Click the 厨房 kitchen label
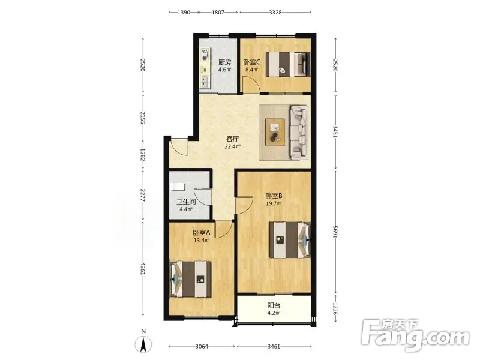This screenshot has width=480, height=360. point(224,62)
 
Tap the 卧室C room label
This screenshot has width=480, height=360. point(251,62)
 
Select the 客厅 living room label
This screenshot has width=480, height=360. point(233,139)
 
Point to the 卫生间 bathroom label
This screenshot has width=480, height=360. point(186,202)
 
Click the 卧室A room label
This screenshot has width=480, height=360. point(202,233)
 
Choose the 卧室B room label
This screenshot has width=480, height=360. point(274,196)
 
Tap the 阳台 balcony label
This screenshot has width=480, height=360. point(274,305)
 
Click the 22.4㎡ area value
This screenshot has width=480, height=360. point(233,146)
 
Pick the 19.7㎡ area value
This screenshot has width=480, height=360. point(274,203)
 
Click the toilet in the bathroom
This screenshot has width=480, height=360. point(178,187)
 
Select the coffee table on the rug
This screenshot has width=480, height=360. point(275,132)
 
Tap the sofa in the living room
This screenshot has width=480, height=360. point(299,133)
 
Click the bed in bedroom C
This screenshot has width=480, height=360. point(288,64)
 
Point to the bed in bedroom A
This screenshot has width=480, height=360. point(190,279)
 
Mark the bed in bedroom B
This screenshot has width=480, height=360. point(290,240)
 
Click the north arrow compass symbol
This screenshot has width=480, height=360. point(143,344)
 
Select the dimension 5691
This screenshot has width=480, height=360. point(335,232)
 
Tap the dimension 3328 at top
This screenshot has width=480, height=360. point(275,12)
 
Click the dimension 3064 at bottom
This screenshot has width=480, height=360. point(202,347)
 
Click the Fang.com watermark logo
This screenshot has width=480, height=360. point(415,335)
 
